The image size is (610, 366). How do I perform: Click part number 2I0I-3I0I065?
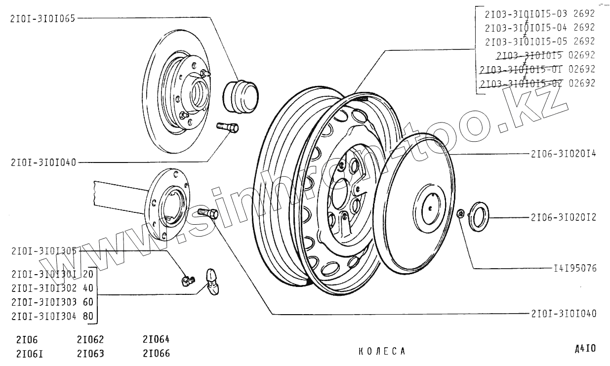point(42,19)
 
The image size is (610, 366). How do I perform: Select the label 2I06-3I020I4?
point(563,154)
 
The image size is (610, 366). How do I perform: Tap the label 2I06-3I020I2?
point(563,217)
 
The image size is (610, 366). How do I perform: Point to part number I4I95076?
point(575,269)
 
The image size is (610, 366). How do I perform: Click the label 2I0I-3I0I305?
point(43,250)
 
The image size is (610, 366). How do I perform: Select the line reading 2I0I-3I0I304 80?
point(52,317)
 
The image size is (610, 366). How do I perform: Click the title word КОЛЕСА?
point(381,351)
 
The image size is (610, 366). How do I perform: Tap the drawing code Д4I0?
point(585,349)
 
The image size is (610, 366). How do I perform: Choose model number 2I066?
point(156,353)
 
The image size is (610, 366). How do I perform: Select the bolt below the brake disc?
point(228,127)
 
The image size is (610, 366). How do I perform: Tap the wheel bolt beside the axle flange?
point(209,213)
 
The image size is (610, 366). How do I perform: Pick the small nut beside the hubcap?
point(460,213)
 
